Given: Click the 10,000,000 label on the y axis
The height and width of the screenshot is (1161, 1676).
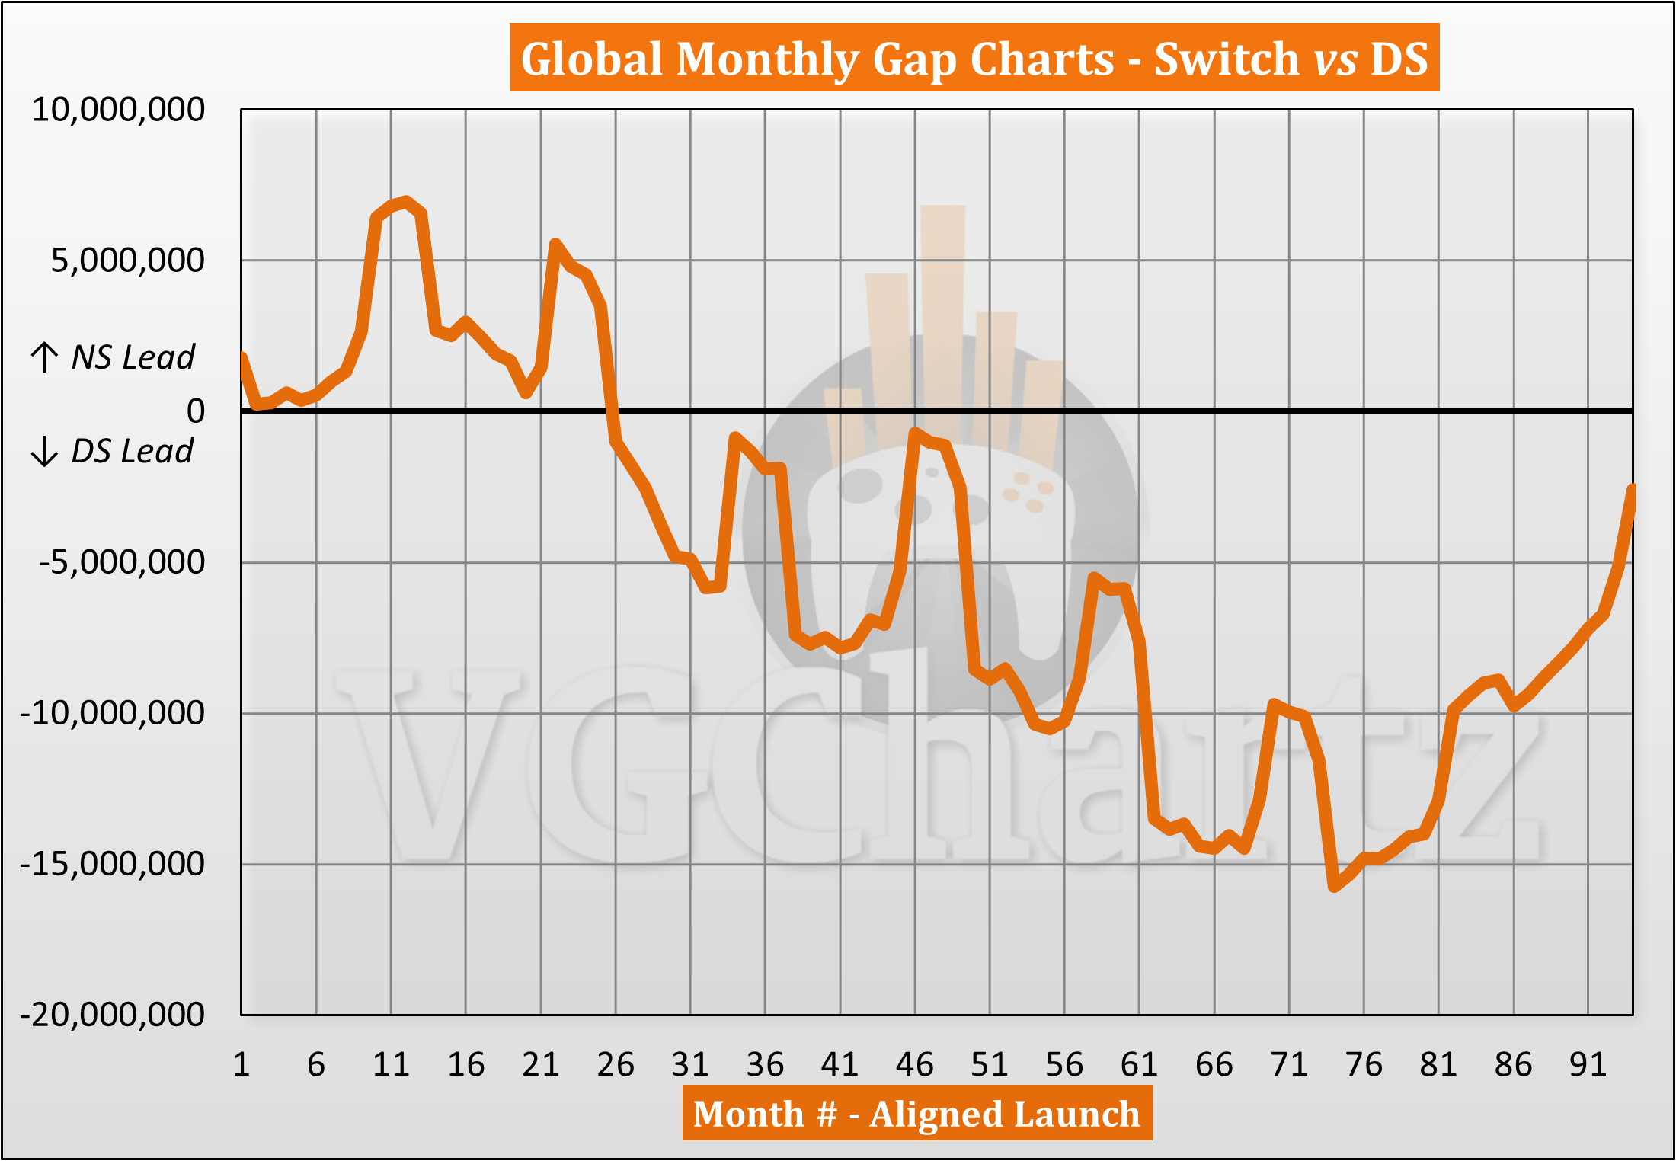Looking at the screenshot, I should (x=118, y=110).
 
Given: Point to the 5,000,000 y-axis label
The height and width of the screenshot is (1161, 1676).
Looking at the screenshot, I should (x=128, y=261).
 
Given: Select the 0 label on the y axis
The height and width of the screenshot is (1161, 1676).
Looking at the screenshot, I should (x=196, y=411).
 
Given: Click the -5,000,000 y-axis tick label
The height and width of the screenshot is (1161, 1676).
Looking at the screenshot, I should (x=122, y=562).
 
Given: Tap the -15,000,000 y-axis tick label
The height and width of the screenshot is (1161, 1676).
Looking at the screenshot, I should (x=113, y=864).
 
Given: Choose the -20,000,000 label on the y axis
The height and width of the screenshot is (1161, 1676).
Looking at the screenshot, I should (x=113, y=1015).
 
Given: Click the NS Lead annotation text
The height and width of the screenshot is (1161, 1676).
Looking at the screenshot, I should (x=133, y=357).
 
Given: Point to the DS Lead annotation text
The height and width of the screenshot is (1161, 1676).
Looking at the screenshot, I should (x=132, y=452).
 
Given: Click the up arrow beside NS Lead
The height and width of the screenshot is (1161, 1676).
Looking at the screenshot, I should (x=44, y=357).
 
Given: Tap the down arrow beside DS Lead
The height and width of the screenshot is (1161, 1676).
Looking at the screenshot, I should (x=44, y=451).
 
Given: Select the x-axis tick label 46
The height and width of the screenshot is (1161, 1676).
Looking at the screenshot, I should (x=914, y=1064).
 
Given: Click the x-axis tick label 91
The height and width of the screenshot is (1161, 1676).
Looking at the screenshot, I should (x=1588, y=1064).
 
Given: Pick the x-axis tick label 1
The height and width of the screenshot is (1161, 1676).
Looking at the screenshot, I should (x=241, y=1064).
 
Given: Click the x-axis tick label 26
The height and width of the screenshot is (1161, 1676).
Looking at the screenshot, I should (x=616, y=1064).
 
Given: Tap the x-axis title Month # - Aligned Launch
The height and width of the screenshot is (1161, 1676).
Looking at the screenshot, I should (x=916, y=1114).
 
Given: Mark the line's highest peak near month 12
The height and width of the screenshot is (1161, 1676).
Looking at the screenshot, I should (x=406, y=201).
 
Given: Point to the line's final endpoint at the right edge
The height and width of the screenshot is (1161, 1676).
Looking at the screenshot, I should (x=1632, y=488).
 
